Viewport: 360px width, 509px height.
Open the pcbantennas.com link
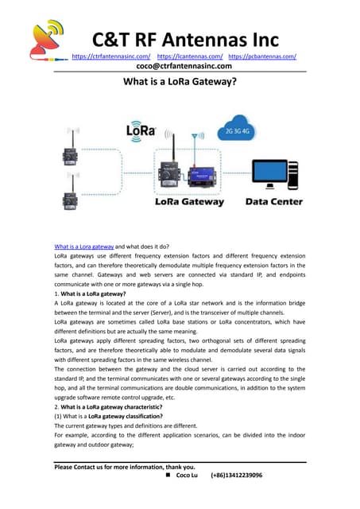tap(262, 56)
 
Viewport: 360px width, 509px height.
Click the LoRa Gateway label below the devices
tap(188, 202)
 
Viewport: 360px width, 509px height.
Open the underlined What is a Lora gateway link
tap(83, 246)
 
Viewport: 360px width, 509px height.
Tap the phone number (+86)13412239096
tap(236, 475)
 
